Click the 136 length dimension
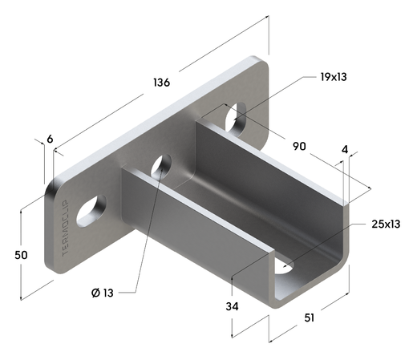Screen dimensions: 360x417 coord(160,83)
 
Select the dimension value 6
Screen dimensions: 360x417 coord(50,140)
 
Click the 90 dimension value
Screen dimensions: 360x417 coord(300,147)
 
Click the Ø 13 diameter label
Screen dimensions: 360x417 coord(102,293)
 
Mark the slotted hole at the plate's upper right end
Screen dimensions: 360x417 coord(237,119)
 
